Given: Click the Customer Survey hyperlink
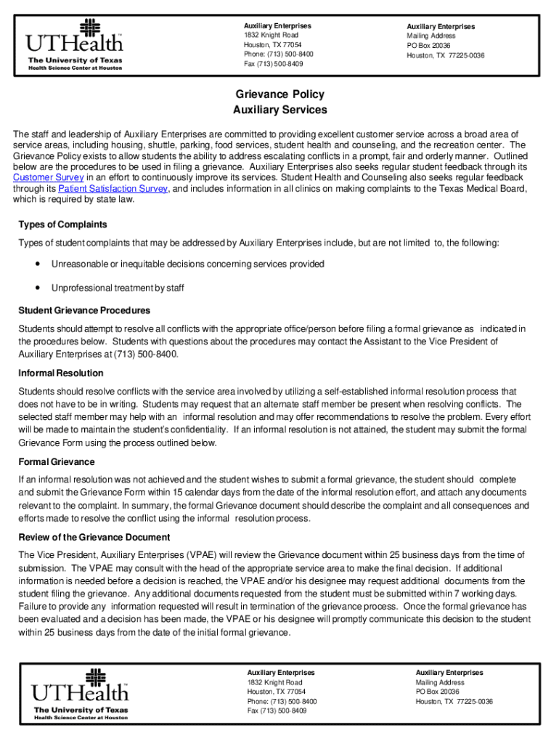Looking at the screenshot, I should (x=49, y=177).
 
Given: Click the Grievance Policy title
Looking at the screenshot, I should (x=279, y=94).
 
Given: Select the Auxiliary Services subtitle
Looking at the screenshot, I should (x=279, y=110).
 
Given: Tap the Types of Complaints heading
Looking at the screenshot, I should (x=62, y=224).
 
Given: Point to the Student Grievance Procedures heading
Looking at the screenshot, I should (x=84, y=310).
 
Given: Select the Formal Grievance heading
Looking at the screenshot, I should (x=57, y=461).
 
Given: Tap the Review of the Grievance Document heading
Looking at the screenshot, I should (x=94, y=537).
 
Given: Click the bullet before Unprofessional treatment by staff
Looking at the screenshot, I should (x=36, y=288).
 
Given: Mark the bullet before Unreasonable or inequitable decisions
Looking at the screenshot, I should (x=36, y=263).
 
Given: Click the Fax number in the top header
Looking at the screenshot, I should (x=274, y=64).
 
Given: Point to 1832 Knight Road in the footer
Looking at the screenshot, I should (x=274, y=683).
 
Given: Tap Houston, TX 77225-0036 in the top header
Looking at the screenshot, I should (x=445, y=55).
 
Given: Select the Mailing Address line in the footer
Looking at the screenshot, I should (x=440, y=683).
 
